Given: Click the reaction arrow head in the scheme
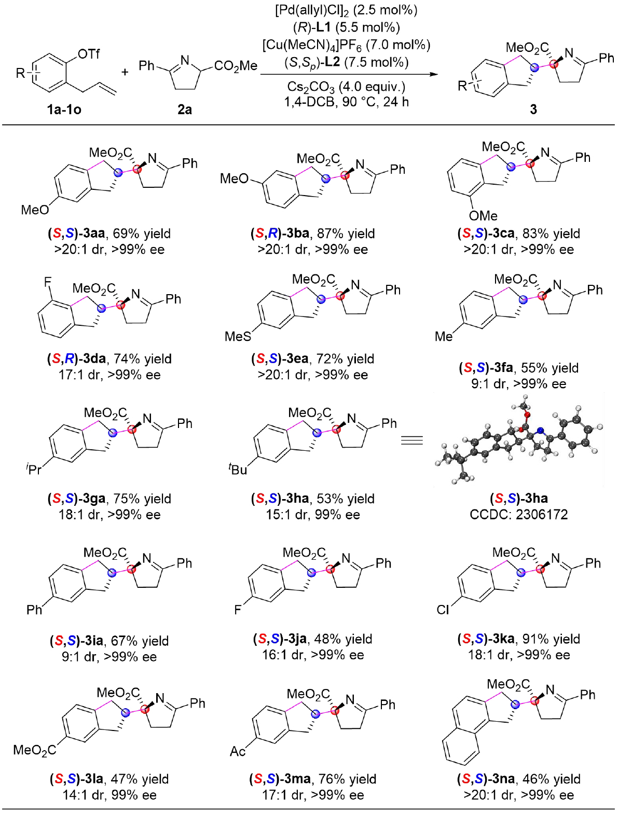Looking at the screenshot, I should coord(434,74).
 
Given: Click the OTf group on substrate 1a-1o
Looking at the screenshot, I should coord(88,54).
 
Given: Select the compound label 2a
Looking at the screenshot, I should coord(185,109).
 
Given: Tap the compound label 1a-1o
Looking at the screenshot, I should coord(64,109).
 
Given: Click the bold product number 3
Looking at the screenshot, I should coord(533,109).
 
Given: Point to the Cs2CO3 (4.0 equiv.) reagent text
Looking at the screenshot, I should coord(346,87).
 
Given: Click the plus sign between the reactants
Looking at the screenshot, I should coord(125,72).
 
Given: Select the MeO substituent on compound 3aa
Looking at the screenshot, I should coord(35,210).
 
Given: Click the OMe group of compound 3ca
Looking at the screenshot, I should coord(483,216).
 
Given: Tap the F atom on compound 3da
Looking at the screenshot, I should coord(48,282).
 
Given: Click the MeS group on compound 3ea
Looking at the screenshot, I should coord(238,337).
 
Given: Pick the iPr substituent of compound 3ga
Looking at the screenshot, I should coord(34,470).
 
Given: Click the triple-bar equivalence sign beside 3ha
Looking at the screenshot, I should coord(412,440).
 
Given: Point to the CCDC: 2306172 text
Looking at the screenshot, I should coord(518,515).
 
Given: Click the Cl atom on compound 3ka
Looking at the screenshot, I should coord(443,610).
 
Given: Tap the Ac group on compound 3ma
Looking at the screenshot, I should coord(238,751).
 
